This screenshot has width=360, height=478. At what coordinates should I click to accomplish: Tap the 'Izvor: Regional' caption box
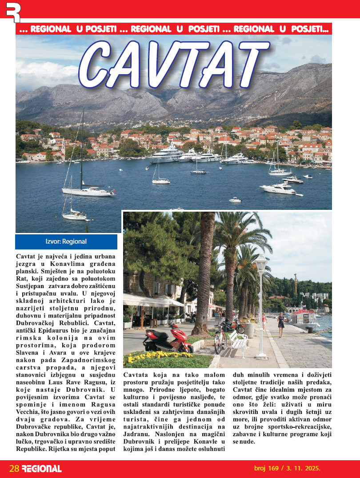66,242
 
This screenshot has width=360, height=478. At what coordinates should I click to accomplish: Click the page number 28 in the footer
14,468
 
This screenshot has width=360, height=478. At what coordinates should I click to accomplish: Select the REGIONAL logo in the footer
42,468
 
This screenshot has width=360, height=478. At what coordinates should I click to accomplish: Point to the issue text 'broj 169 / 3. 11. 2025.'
287,468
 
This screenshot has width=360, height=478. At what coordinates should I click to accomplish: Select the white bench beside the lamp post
238,342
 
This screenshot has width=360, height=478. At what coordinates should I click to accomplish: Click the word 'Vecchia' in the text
28,412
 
